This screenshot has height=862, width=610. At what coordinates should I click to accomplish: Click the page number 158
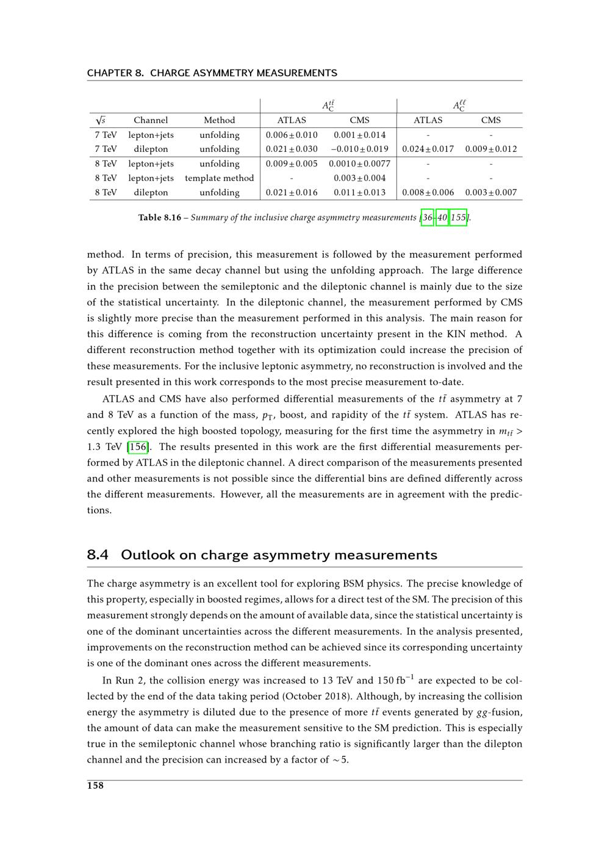(x=95, y=786)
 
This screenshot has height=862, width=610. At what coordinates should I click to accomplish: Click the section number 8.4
(x=98, y=555)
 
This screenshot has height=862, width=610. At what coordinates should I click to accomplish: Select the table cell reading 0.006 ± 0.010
(x=292, y=135)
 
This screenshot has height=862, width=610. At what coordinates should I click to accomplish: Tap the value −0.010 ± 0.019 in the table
(x=359, y=149)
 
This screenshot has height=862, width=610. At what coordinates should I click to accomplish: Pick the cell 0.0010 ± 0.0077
(x=359, y=164)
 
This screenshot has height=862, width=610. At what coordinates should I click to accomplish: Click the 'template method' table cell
(x=219, y=179)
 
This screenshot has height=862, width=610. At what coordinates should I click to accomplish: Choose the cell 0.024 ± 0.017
(x=428, y=149)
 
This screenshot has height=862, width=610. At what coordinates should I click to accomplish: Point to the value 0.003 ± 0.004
(x=359, y=179)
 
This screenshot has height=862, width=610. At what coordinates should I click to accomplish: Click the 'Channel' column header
(x=151, y=121)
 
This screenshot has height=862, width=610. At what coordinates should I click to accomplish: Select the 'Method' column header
(x=219, y=121)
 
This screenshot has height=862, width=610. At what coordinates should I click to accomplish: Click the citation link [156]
(x=137, y=447)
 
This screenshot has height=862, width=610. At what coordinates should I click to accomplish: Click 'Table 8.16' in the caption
(x=159, y=218)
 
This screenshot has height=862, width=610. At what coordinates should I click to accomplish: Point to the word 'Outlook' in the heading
(x=148, y=555)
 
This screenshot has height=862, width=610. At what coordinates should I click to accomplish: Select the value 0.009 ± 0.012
(x=490, y=149)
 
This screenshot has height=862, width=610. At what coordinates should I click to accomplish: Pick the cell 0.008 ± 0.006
(x=428, y=193)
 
